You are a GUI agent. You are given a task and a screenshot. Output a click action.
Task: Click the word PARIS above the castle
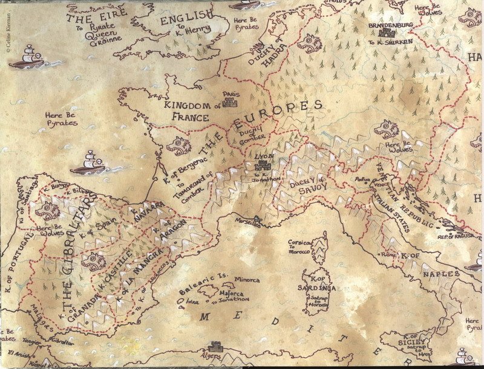click(x=231, y=95)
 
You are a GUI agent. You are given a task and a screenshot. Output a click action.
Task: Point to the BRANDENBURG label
click(x=394, y=26)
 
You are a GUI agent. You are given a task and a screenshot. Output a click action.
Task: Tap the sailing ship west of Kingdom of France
click(x=90, y=162)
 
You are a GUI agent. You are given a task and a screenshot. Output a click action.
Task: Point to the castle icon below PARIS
click(x=231, y=104)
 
